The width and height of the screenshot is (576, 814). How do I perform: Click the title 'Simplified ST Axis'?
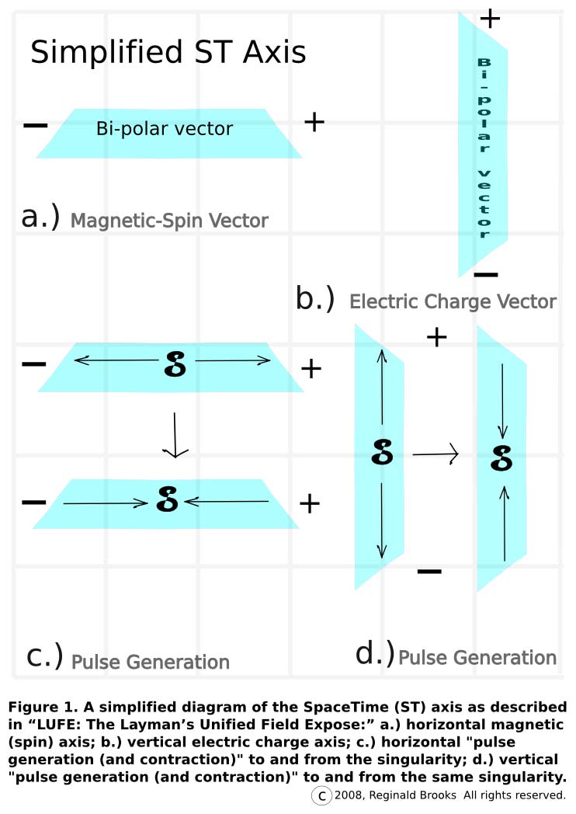168,53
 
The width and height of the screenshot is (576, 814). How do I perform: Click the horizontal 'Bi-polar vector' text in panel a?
165,129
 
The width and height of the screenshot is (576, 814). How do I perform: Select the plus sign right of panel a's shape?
314,122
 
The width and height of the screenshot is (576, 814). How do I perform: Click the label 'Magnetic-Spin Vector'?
169,221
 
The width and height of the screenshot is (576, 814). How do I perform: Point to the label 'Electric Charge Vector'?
453,301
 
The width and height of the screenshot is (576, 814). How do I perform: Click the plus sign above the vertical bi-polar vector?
490,19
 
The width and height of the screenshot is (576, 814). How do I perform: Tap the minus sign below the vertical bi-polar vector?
485,274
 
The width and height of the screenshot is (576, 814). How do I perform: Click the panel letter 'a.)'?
40,217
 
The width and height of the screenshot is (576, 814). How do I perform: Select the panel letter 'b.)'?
315,298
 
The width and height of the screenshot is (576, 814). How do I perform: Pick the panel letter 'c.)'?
45,656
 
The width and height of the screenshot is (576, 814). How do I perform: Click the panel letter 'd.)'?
375,653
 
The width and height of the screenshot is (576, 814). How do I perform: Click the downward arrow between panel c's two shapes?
175,435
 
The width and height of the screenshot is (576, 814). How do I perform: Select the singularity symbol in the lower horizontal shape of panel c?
168,499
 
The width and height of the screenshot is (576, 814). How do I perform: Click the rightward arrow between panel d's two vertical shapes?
435,454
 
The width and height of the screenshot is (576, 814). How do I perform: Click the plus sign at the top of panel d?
437,337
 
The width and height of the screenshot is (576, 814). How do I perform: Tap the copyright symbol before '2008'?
321,795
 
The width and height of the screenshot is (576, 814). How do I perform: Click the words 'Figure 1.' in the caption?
40,708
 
